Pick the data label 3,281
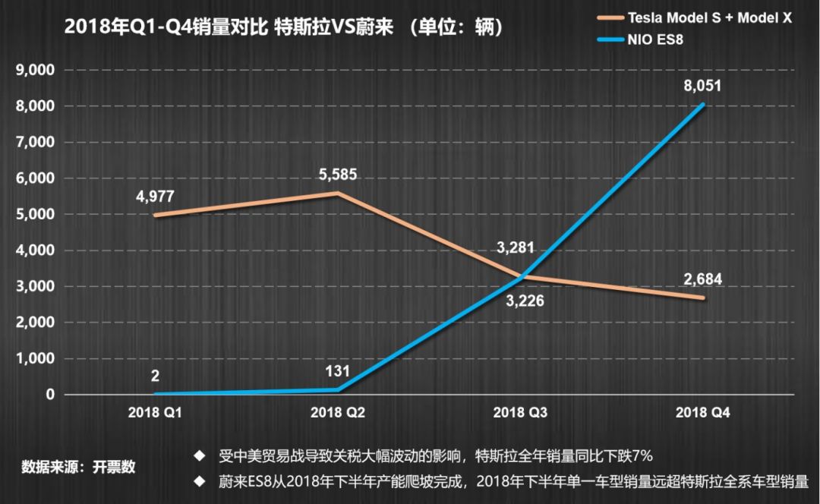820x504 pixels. [x=516, y=247]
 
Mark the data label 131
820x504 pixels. [x=337, y=372]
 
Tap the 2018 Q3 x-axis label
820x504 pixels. [x=521, y=413]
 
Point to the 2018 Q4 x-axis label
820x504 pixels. [x=703, y=413]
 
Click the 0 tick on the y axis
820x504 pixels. [x=49, y=395]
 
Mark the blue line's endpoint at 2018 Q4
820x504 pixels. [x=704, y=105]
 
